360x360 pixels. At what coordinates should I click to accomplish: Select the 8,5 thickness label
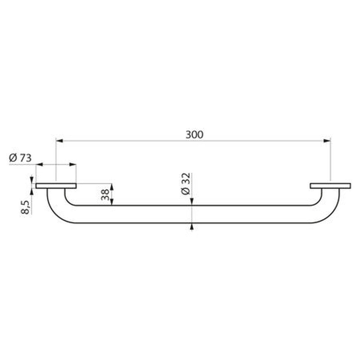[x=25, y=207]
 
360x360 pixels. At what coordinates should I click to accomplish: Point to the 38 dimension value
[x=105, y=195]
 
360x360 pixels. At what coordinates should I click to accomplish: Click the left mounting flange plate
[x=56, y=186]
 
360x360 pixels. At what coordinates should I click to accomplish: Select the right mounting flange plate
[x=330, y=186]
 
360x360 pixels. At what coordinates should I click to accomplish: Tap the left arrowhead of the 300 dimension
[x=59, y=141]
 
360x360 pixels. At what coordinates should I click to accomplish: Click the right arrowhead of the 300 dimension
[x=327, y=141]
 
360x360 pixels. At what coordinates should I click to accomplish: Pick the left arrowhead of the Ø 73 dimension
[x=39, y=164]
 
